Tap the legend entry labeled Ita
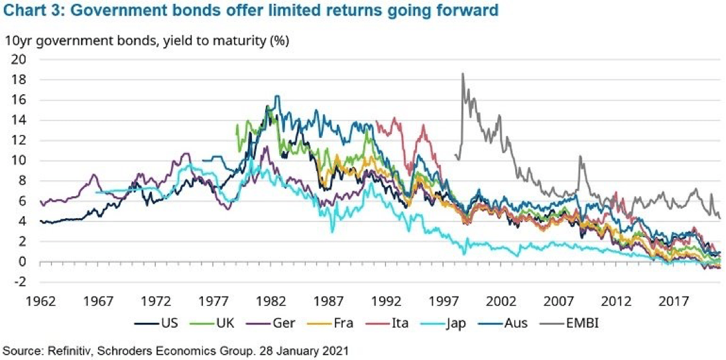point(388,322)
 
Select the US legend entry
point(156,322)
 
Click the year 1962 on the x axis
point(40,301)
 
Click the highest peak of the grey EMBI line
point(463,73)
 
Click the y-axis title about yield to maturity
point(147,40)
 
